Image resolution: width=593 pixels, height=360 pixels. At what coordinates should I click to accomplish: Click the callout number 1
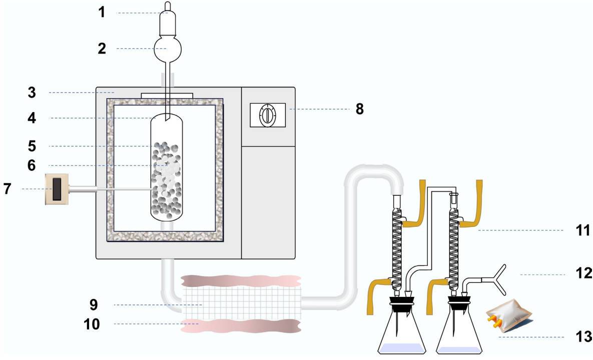pyautogui.click(x=102, y=12)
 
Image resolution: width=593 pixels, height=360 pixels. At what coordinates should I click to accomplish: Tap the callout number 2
pyautogui.click(x=102, y=49)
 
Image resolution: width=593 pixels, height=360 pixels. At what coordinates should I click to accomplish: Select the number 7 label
pyautogui.click(x=8, y=189)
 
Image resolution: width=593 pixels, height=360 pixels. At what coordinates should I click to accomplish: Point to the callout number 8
pyautogui.click(x=359, y=109)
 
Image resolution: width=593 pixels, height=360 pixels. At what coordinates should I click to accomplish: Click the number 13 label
pyautogui.click(x=583, y=336)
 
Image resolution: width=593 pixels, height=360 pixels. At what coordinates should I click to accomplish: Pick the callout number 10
pyautogui.click(x=92, y=324)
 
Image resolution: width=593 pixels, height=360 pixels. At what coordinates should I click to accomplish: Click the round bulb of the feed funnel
pyautogui.click(x=168, y=49)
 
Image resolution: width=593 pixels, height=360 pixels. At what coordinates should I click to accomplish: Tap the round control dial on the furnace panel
pyautogui.click(x=267, y=115)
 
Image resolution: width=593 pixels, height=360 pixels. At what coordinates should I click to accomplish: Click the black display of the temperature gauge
pyautogui.click(x=57, y=189)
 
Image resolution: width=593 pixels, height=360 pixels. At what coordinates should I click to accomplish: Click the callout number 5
pyautogui.click(x=32, y=146)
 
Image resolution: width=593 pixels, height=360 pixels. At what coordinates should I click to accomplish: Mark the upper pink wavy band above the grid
pyautogui.click(x=241, y=281)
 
